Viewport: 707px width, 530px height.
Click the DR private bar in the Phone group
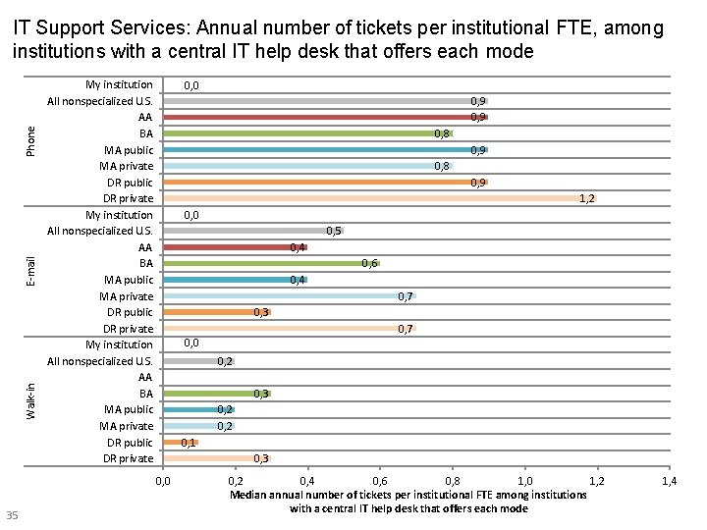(x=378, y=198)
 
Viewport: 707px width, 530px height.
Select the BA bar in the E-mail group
(x=270, y=263)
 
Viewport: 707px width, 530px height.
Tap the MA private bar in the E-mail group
(x=289, y=295)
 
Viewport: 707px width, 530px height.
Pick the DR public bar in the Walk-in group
(x=181, y=442)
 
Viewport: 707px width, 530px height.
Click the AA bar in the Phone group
(x=324, y=117)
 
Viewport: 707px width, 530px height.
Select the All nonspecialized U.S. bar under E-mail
(x=252, y=231)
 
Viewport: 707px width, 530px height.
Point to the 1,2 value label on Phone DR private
(x=586, y=198)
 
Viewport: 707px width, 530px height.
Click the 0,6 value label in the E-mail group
(x=369, y=263)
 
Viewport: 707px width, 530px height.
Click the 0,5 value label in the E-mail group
(x=334, y=231)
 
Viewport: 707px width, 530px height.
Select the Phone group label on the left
(x=31, y=140)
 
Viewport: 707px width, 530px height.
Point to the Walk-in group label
(x=31, y=400)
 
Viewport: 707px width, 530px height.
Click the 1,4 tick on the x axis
(x=669, y=481)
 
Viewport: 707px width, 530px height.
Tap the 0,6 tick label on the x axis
(x=380, y=481)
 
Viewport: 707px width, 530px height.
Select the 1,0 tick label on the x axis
(x=524, y=481)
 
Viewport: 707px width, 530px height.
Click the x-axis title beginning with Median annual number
(x=408, y=502)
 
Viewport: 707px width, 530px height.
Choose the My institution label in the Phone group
(x=119, y=84)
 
